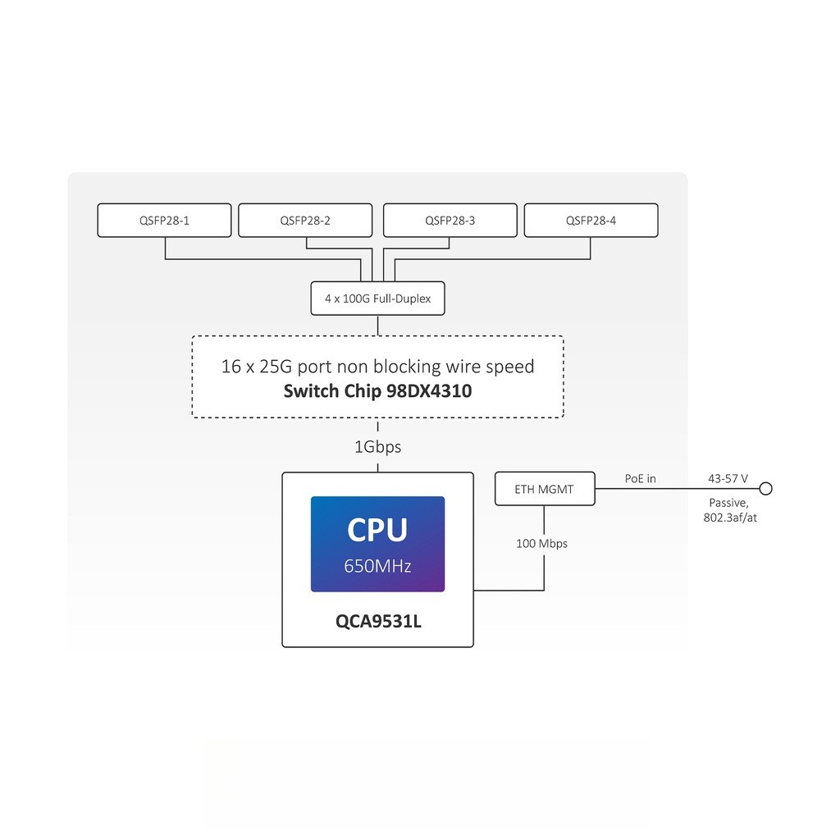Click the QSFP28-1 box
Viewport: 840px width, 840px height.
164,221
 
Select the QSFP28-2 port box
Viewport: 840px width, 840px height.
305,221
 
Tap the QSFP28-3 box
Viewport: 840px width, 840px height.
450,221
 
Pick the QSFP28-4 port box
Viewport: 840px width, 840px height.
591,221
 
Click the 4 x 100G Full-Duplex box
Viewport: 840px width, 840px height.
377,299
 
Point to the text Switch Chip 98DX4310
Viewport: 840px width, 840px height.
377,391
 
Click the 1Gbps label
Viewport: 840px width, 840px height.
377,447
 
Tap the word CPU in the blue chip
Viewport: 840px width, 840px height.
377,530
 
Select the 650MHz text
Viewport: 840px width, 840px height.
377,566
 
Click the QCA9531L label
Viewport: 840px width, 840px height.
377,621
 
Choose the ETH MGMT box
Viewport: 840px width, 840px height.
545,490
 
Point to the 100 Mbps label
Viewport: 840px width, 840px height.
541,544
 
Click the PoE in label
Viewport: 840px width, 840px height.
641,479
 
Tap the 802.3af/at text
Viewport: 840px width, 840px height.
729,518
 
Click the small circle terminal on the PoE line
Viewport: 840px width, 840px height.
765,490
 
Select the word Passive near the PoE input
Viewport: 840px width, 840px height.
728,502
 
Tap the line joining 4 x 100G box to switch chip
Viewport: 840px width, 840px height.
377,325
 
